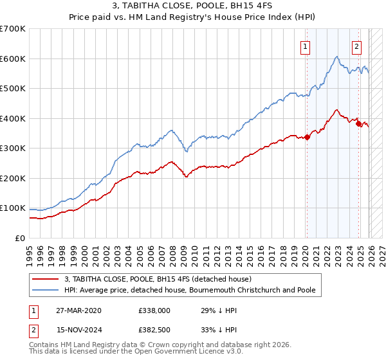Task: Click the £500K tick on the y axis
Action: (x=13, y=88)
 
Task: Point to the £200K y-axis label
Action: (x=13, y=178)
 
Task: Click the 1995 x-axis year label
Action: (x=30, y=251)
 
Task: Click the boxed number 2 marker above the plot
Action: (x=356, y=46)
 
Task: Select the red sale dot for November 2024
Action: (x=358, y=123)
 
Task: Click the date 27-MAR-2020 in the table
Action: (x=78, y=310)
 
